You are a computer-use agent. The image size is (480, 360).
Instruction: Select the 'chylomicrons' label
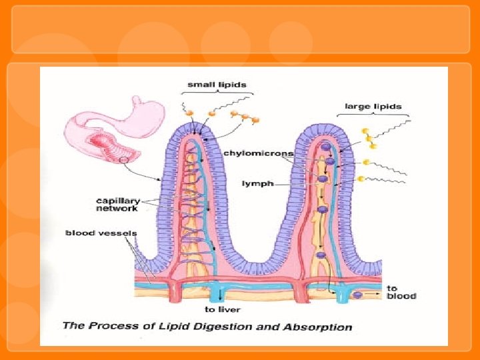tap(258, 153)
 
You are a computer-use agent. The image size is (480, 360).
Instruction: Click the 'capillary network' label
tap(117, 204)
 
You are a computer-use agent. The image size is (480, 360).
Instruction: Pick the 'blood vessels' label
tap(101, 233)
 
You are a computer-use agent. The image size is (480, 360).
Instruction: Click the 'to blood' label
tap(401, 292)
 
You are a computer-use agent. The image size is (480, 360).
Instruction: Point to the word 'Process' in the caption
tap(111, 327)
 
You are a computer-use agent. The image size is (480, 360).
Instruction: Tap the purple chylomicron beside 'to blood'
tap(358, 295)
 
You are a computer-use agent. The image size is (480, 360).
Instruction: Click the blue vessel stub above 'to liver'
tap(215, 294)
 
